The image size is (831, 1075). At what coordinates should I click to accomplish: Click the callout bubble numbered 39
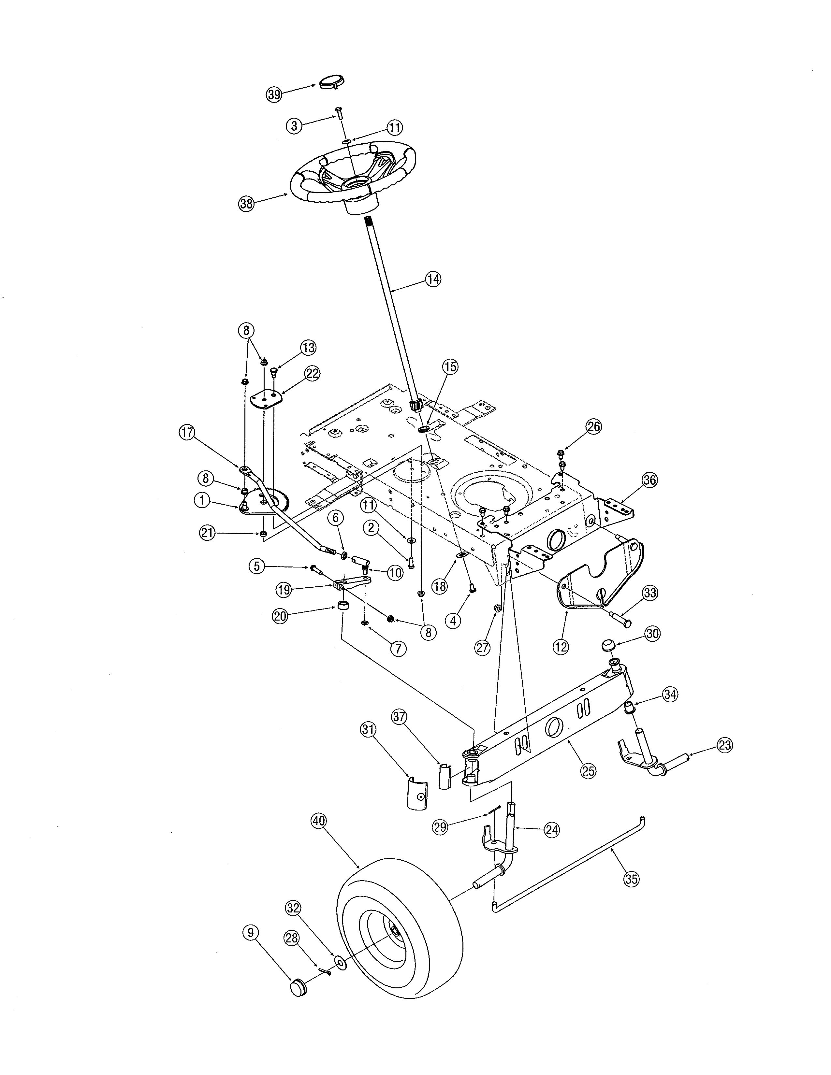[x=274, y=94]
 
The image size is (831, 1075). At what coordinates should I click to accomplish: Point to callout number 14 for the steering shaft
[x=433, y=279]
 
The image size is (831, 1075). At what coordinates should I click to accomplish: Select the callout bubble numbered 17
[x=187, y=433]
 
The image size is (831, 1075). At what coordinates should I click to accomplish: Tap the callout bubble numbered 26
[x=594, y=426]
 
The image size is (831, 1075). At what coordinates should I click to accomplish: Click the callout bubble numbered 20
[x=280, y=617]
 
